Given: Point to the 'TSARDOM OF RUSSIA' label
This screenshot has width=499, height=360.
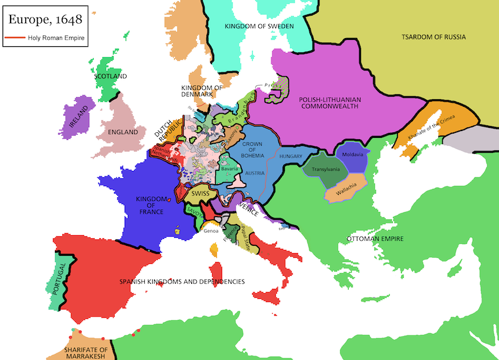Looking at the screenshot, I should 433,37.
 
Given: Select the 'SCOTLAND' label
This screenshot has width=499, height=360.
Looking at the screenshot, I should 111,76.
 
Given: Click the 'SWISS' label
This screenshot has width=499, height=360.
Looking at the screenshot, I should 200,193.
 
